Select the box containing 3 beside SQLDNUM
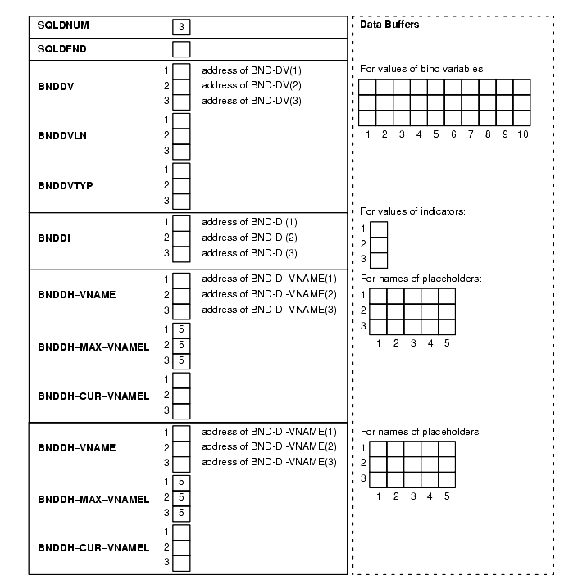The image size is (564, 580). pos(181,27)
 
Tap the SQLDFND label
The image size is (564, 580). pos(61,49)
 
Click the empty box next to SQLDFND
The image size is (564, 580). pos(181,49)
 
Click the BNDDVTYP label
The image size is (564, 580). pos(65,185)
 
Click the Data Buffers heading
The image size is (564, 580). pos(389,25)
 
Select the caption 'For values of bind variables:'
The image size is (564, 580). pos(422,68)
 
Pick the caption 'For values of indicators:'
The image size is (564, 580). pos(413,211)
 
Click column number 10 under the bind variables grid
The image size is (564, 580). pos(522,134)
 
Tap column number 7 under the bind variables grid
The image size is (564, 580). pos(471,134)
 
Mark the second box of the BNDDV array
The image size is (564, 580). pos(181,86)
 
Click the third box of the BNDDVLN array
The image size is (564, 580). pos(181,151)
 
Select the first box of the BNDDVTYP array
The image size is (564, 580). pos(181,170)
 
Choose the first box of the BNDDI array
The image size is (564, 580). pos(181,222)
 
